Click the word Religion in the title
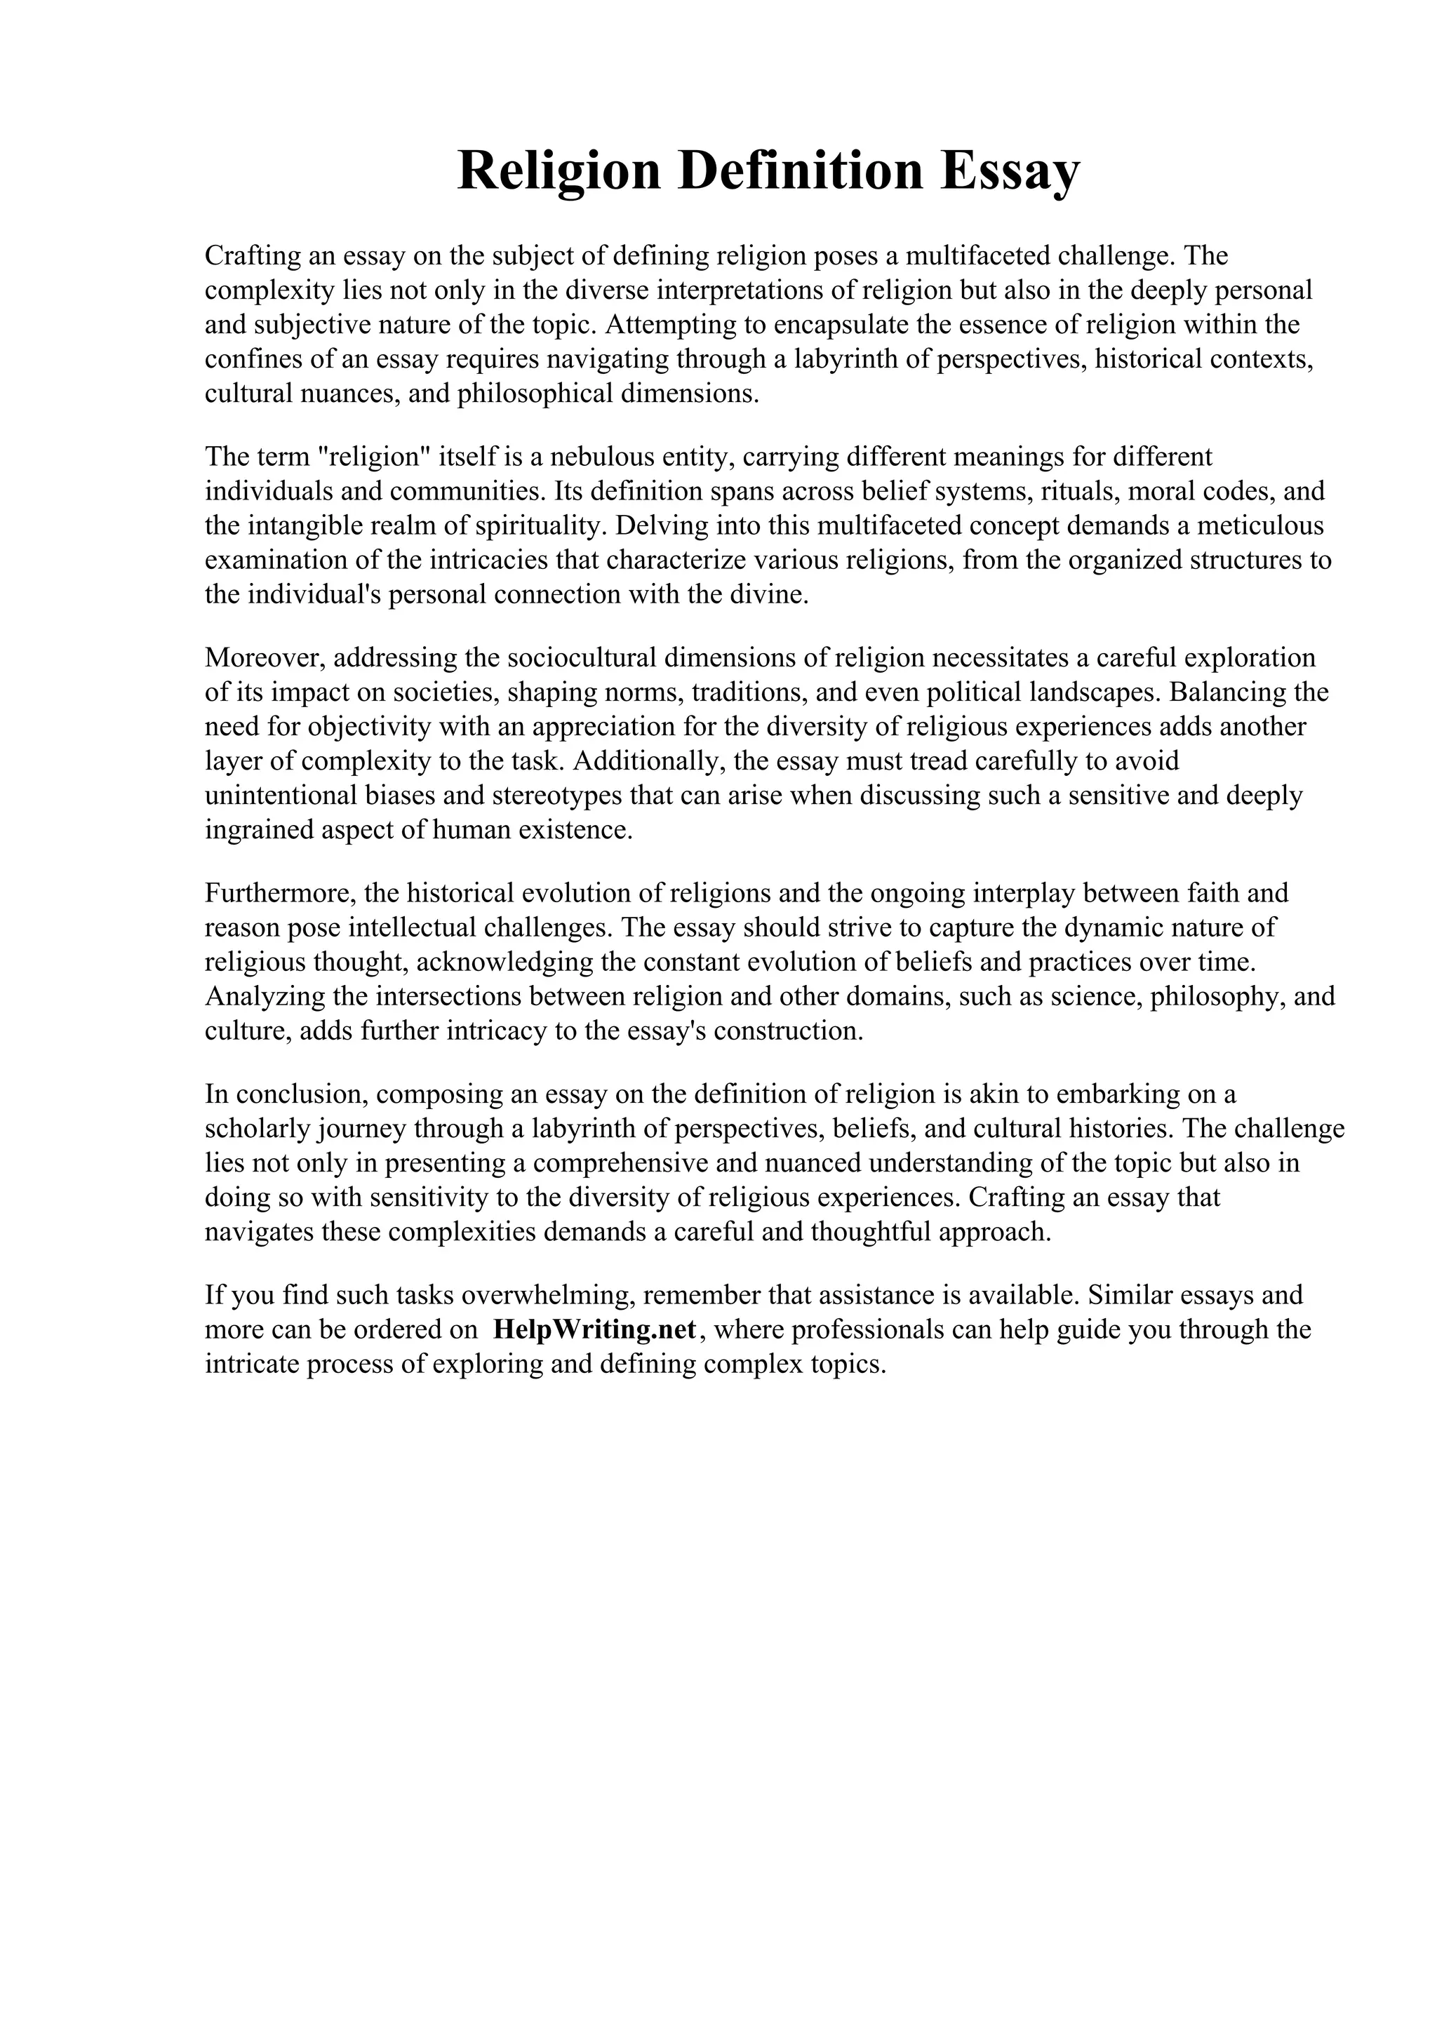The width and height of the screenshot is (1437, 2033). pos(559,171)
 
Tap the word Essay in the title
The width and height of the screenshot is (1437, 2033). pos(1010,171)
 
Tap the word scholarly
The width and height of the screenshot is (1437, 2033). pos(257,1129)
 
